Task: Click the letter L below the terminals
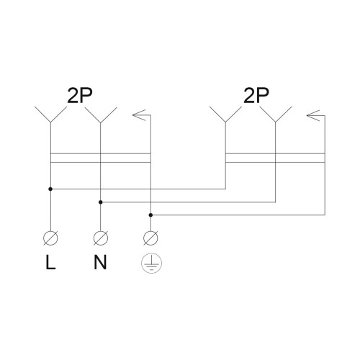pos(50,262)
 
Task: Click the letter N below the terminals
pos(100,262)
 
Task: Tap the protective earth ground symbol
pos(151,264)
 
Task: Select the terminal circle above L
pos(50,238)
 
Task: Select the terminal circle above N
pos(101,238)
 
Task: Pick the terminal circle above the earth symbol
pos(150,238)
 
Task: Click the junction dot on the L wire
pos(50,189)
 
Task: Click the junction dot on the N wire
pos(101,202)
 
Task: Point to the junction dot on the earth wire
pos(150,215)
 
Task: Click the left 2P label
pos(80,96)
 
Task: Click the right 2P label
pos(256,96)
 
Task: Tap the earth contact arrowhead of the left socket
pos(139,115)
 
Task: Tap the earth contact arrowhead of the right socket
pos(313,115)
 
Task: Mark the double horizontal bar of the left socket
pos(101,158)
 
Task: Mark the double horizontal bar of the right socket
pos(275,158)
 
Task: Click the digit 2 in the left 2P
pos(73,96)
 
